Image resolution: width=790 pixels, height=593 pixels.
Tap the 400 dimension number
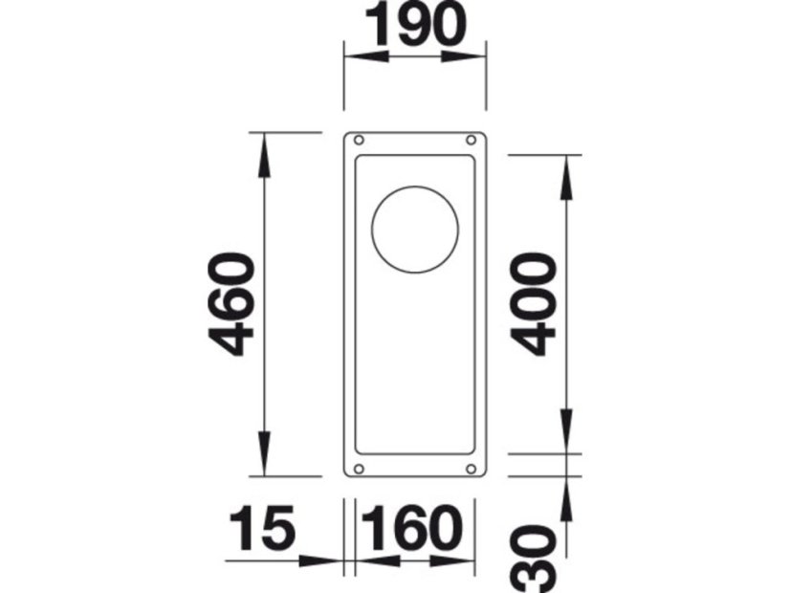click(x=533, y=303)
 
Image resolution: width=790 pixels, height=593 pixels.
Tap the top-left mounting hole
click(x=358, y=141)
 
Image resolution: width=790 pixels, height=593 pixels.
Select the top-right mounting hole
click(x=471, y=141)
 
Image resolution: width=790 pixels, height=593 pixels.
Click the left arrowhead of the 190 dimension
click(x=364, y=57)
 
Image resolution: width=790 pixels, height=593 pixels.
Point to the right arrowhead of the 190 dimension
click(x=466, y=57)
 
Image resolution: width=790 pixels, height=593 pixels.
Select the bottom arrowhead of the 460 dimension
click(x=263, y=459)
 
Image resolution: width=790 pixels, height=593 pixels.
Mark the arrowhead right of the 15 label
click(x=325, y=560)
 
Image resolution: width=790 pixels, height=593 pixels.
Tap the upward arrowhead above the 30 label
click(x=567, y=492)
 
